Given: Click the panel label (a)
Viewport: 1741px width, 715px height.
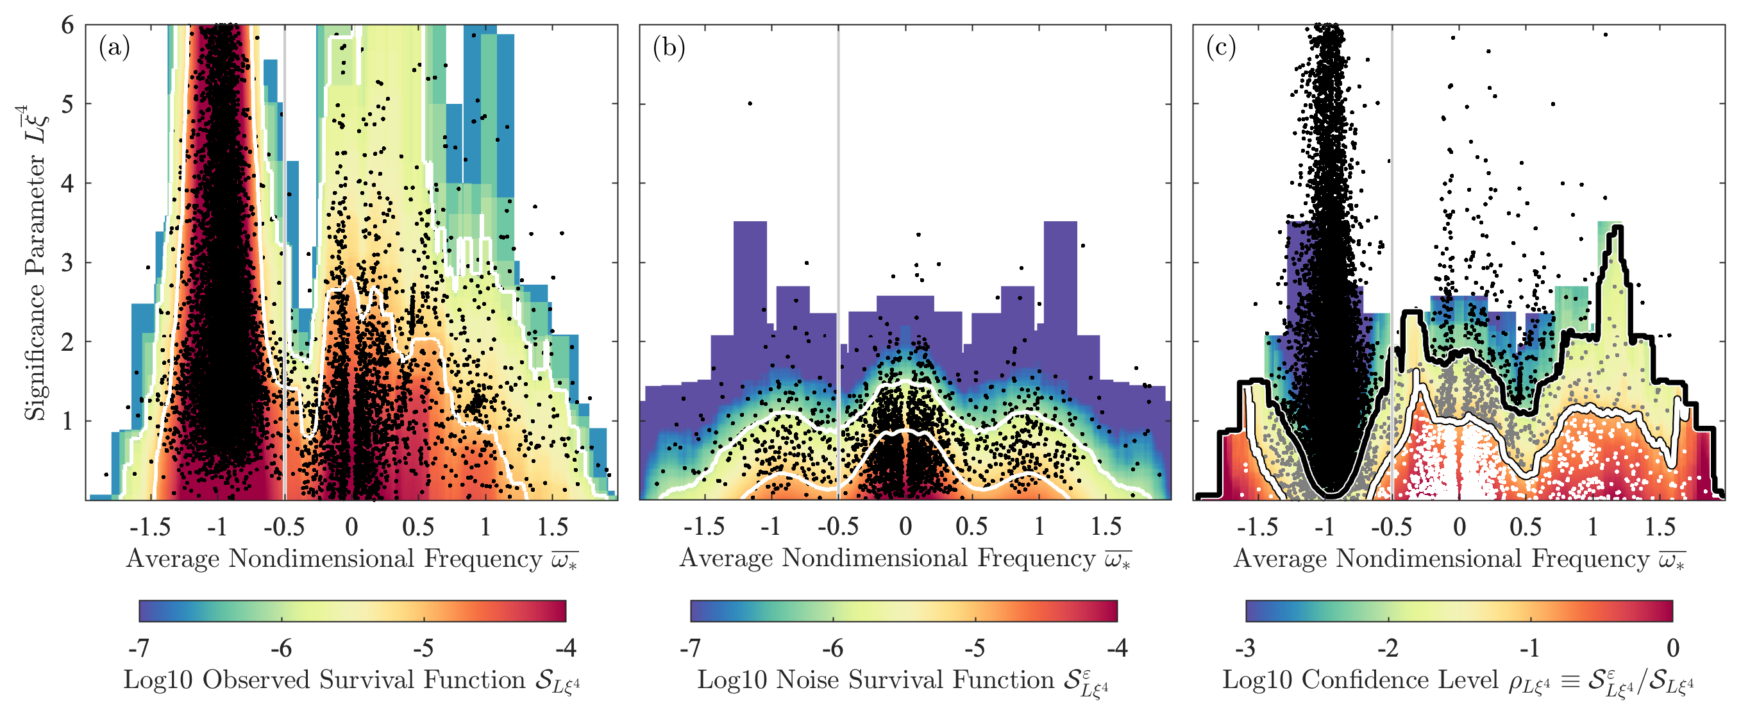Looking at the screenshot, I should [x=114, y=47].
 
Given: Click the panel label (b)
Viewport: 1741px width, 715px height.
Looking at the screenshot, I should [x=668, y=47].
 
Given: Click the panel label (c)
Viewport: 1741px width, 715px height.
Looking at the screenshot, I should [x=1222, y=47].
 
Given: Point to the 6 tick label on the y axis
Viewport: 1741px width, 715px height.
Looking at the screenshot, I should [x=67, y=26].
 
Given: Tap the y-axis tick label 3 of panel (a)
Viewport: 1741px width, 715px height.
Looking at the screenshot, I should [x=67, y=263].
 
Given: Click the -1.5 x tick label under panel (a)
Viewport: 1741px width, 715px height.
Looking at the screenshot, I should [x=150, y=526].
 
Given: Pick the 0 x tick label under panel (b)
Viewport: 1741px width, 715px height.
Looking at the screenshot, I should [x=905, y=526].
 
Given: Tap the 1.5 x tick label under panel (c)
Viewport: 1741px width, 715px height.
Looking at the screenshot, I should [x=1660, y=526].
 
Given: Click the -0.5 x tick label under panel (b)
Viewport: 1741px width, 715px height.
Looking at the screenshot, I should [x=838, y=526].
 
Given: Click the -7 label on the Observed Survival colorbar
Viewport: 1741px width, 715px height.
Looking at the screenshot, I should [x=139, y=648].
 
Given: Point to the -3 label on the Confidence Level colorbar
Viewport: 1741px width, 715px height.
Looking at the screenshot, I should [x=1245, y=648].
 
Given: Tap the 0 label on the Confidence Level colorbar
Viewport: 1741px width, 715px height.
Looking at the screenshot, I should [x=1674, y=648].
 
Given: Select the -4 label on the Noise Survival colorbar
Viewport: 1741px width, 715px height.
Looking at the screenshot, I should [x=1116, y=648].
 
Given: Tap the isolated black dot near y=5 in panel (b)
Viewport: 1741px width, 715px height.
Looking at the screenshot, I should [x=750, y=103].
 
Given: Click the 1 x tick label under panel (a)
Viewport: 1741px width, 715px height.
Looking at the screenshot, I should [x=485, y=526].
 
